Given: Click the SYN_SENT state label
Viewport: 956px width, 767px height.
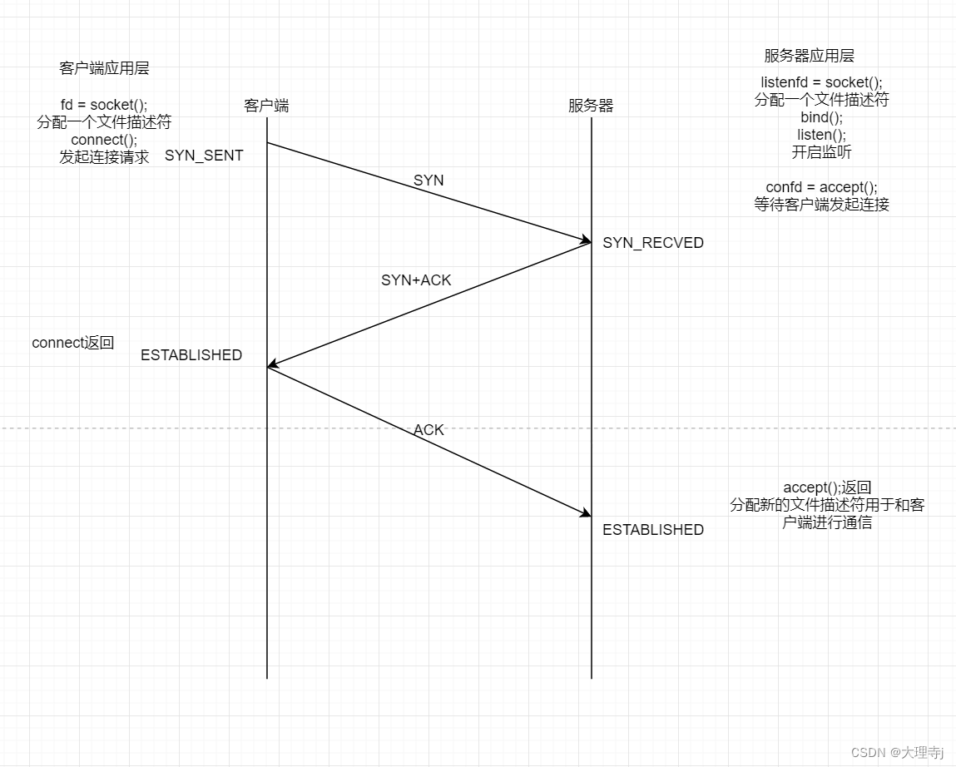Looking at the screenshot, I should coord(204,156).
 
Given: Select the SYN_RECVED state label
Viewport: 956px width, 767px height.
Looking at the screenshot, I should coord(653,243).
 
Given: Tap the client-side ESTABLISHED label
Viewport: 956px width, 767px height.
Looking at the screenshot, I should coord(191,355).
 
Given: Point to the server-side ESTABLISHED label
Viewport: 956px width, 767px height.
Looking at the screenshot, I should coord(653,530).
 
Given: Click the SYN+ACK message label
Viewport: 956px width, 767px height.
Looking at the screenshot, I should coord(416,280).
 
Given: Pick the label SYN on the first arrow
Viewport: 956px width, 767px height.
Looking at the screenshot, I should coord(428,181).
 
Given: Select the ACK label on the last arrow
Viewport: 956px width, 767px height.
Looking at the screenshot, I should coord(428,430).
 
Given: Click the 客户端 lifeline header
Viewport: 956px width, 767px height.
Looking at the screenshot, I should coord(266,106).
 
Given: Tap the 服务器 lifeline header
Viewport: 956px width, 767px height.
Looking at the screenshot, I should coord(591,106).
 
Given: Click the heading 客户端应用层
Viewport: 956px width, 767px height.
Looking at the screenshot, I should coord(104,68).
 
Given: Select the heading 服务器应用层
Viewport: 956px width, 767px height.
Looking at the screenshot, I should coord(809,56).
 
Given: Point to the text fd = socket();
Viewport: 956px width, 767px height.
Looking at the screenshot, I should coord(104,105).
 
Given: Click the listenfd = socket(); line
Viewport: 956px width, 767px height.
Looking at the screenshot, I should coord(821,82).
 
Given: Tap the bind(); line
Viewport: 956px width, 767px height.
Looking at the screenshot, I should coord(821,117).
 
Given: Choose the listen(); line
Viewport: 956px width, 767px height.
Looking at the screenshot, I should coord(821,135).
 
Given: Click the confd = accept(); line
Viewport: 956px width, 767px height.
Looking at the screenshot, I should coord(821,187).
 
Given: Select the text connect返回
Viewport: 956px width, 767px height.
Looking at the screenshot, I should coord(72,343).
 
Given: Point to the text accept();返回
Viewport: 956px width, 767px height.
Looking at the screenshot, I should coord(827,487).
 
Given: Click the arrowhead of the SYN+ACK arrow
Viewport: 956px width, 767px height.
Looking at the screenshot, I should coord(270,365).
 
